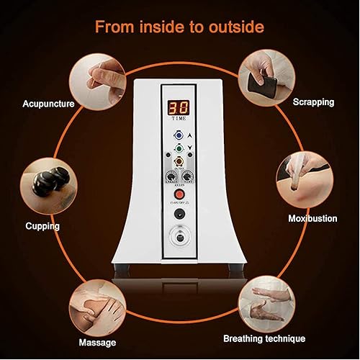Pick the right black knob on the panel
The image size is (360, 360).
pyautogui.click(x=189, y=175)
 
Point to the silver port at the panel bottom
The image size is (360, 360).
pyautogui.click(x=179, y=240)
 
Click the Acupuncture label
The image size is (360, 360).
pyautogui.click(x=48, y=104)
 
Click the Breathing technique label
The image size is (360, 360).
pyautogui.click(x=274, y=338)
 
